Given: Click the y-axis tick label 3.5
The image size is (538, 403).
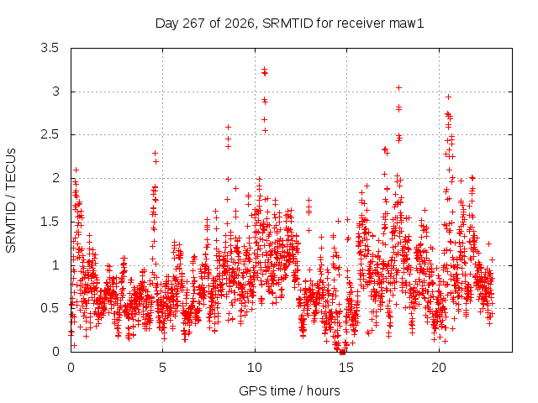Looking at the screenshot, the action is point(50,48).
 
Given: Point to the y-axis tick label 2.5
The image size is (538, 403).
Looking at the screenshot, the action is point(50,134).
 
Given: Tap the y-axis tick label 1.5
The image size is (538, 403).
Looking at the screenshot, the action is point(50,222).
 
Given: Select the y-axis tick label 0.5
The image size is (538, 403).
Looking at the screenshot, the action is point(50,308).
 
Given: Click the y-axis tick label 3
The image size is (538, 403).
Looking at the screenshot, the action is point(55,92).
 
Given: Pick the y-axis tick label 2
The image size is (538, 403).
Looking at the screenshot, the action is point(55,178).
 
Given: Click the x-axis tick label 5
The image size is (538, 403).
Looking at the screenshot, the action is point(162,368).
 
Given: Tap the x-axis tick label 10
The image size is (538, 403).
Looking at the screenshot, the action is point(255,368).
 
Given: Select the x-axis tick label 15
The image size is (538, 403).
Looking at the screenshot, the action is point(346,368).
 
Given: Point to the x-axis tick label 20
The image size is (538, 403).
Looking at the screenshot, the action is point(439,368).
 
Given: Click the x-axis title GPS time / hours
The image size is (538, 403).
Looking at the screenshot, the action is point(289,391).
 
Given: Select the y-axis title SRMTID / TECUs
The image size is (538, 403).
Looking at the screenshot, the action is point(11,201).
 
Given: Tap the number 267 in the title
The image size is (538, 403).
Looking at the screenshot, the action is point(193,24).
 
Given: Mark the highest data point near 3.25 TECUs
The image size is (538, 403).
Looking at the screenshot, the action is point(264,69).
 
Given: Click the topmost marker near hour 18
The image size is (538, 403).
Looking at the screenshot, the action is point(398,88).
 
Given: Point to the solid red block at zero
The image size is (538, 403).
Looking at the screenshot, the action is point(342,352).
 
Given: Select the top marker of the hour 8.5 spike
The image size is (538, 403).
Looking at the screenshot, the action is point(228,128).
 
